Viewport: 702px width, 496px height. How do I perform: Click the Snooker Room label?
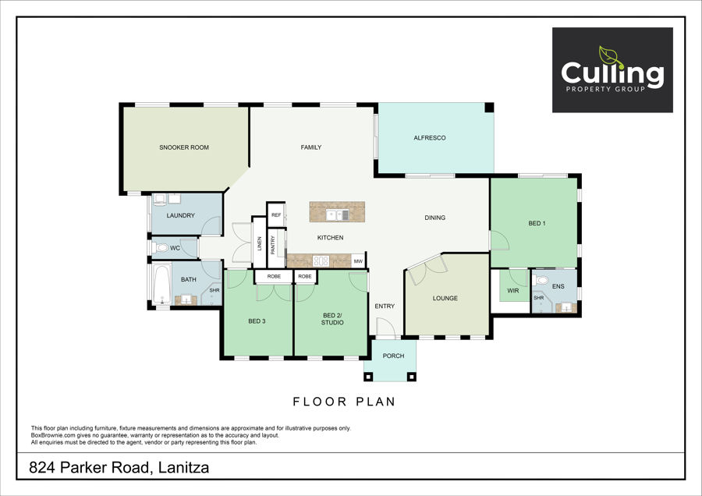[x=184, y=147]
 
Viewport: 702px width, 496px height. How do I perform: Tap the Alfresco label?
[x=429, y=138]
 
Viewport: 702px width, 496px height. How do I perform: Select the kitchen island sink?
[x=337, y=215]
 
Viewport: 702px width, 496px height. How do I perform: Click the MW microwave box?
[x=358, y=261]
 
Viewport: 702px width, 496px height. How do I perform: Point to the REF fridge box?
[x=276, y=215]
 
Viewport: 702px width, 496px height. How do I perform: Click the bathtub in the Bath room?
[x=161, y=284]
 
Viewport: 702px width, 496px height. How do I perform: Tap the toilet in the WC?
[x=160, y=247]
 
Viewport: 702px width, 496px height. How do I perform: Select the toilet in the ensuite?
[x=541, y=281]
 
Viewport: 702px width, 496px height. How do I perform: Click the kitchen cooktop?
[x=321, y=260]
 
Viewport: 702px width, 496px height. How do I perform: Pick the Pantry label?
[x=273, y=245]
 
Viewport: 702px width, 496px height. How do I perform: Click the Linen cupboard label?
[x=259, y=243]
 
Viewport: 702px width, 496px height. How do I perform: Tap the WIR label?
[x=513, y=291]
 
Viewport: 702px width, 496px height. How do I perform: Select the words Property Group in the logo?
[x=605, y=89]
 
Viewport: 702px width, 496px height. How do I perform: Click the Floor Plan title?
[x=344, y=402]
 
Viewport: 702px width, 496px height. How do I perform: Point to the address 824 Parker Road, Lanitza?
[x=119, y=468]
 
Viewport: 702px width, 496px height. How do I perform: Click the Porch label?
[x=394, y=356]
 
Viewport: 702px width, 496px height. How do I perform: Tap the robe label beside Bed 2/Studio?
[x=305, y=277]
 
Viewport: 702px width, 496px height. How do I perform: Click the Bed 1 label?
[x=537, y=223]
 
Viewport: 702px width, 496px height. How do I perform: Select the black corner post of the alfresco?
[x=489, y=108]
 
